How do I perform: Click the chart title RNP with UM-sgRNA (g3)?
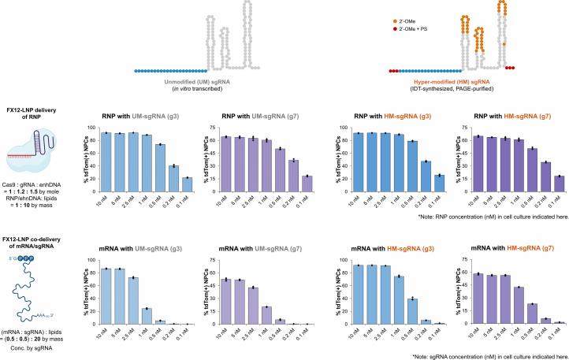[x=143, y=116]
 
